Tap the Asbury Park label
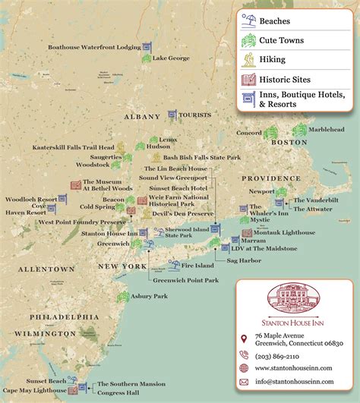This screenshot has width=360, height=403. pos(150,295)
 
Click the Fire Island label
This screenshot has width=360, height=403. pos(196,265)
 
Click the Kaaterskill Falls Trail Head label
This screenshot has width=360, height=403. pos(73,147)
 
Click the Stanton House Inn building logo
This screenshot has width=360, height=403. pos(296,297)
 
